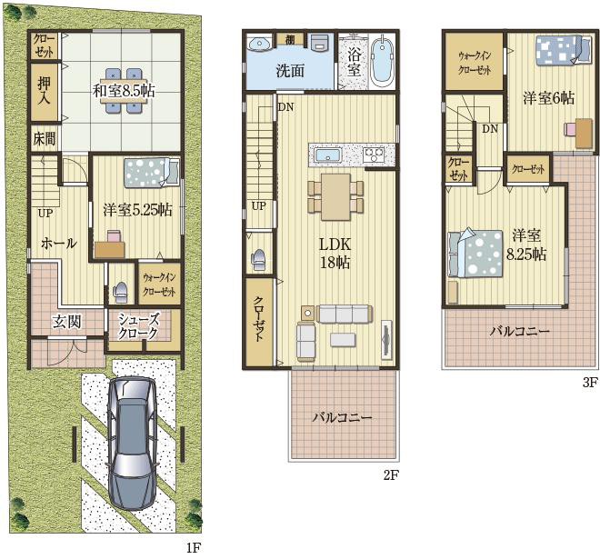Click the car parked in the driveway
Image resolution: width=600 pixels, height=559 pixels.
[x=133, y=444]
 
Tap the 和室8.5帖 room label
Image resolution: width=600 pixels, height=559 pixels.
[x=124, y=91]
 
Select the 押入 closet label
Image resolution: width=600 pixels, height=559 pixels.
[x=44, y=91]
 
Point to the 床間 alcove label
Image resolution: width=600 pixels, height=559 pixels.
[x=45, y=138]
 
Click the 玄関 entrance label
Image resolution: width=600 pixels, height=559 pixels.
[x=67, y=322]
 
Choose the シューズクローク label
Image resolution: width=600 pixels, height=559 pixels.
[x=138, y=326]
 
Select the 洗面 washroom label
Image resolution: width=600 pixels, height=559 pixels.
[x=290, y=71]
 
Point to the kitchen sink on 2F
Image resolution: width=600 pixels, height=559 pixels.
[x=327, y=155]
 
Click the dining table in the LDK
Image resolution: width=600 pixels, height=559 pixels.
[x=335, y=197]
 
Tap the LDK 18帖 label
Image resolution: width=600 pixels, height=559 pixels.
[x=335, y=254]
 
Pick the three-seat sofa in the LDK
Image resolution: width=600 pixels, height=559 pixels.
[x=344, y=314]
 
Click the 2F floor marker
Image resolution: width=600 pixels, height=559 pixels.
[x=391, y=474]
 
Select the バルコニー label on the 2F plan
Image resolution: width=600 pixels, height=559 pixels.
[x=342, y=416]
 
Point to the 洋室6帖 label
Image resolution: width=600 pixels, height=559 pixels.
[x=549, y=98]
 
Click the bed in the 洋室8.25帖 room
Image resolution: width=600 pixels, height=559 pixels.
[x=475, y=254]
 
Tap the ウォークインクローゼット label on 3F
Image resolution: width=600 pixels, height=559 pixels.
[x=475, y=63]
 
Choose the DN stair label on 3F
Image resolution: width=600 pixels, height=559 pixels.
[x=490, y=128]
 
